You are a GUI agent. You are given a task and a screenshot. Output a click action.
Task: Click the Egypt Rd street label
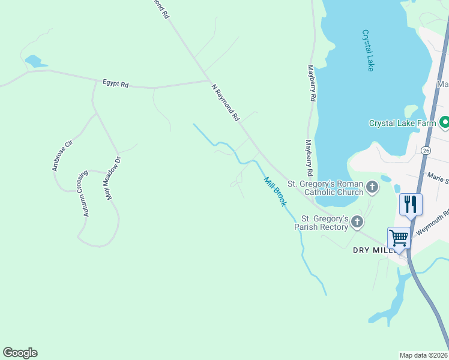pyautogui.click(x=116, y=84)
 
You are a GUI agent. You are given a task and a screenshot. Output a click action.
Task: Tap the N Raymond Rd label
pyautogui.click(x=226, y=103)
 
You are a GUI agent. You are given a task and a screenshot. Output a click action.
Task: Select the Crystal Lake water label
pyautogui.click(x=368, y=50)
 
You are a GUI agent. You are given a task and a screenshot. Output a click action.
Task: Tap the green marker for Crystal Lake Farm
pyautogui.click(x=445, y=123)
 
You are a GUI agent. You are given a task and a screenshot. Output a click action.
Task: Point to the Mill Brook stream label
pyautogui.click(x=275, y=191)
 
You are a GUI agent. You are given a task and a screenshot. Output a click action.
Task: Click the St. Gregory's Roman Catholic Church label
pyautogui.click(x=325, y=188)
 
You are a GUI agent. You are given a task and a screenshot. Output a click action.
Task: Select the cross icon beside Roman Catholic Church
pyautogui.click(x=372, y=188)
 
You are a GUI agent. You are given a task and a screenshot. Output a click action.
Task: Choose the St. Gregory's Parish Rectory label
pyautogui.click(x=324, y=223)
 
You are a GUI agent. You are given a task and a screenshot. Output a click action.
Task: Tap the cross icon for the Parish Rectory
pyautogui.click(x=357, y=223)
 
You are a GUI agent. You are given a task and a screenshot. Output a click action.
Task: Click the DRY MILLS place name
pyautogui.click(x=370, y=250)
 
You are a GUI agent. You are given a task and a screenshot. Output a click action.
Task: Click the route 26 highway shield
pyautogui.click(x=426, y=149)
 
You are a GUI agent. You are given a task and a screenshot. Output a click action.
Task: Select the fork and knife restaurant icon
pyautogui.click(x=411, y=205)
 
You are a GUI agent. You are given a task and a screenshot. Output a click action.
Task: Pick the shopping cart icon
pyautogui.click(x=399, y=238)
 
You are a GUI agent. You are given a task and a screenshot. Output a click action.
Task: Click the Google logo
pyautogui.click(x=20, y=353)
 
